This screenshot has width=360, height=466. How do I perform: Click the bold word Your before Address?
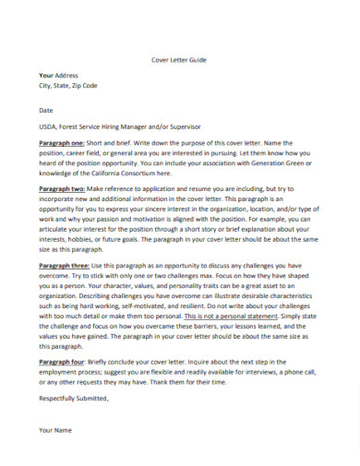(46, 75)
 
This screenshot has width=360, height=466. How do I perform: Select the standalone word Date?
(46, 108)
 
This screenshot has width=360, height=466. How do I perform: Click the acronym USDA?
(49, 125)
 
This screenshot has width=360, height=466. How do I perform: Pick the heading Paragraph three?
(65, 264)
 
